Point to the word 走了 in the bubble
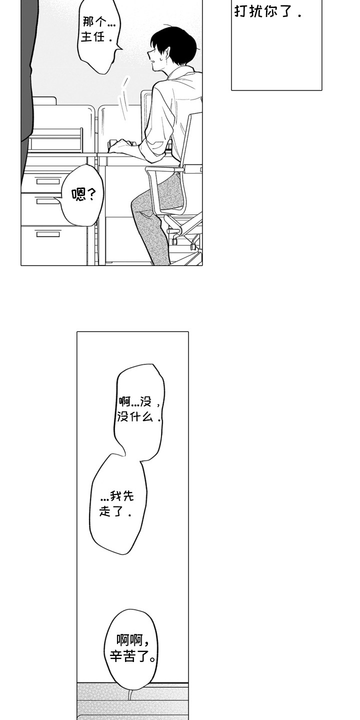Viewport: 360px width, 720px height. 110,511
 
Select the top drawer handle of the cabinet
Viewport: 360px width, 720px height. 48,181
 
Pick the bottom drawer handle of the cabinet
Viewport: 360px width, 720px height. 48,234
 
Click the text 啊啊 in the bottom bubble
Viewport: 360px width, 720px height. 129,640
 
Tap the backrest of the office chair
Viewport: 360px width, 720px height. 193,138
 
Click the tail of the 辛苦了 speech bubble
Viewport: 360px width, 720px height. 130,695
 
